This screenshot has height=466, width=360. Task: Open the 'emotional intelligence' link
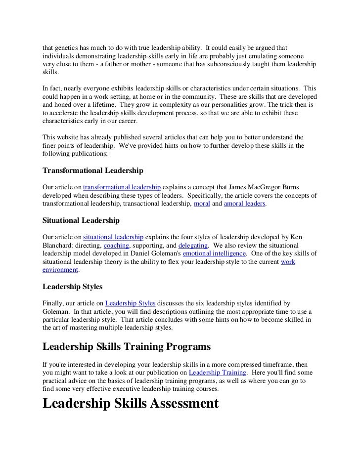pyautogui.click(x=214, y=254)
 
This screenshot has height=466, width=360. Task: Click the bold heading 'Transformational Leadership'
pyautogui.click(x=93, y=171)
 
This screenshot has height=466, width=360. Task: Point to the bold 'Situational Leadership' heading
pyautogui.click(x=81, y=220)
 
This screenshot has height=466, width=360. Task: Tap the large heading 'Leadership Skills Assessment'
pyautogui.click(x=131, y=403)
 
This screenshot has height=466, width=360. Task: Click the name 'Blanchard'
pyautogui.click(x=60, y=246)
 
